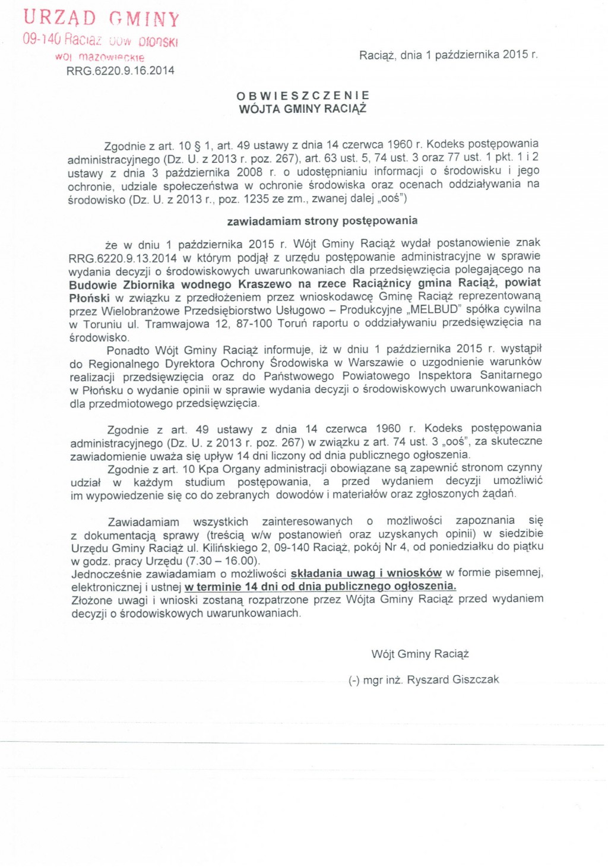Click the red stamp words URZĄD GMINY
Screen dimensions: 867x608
point(102,18)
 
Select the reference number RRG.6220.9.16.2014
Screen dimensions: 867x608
point(121,71)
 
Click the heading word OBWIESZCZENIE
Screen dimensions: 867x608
point(303,96)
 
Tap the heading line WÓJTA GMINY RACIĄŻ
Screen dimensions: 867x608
point(303,109)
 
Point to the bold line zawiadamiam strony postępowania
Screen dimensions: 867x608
point(322,221)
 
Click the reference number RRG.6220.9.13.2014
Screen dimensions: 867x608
point(123,258)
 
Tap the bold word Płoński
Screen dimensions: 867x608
point(90,298)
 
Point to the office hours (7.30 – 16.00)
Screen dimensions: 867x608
point(223,561)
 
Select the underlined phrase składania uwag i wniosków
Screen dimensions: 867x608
point(366,573)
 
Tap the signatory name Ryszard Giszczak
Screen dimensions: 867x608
point(453,679)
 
